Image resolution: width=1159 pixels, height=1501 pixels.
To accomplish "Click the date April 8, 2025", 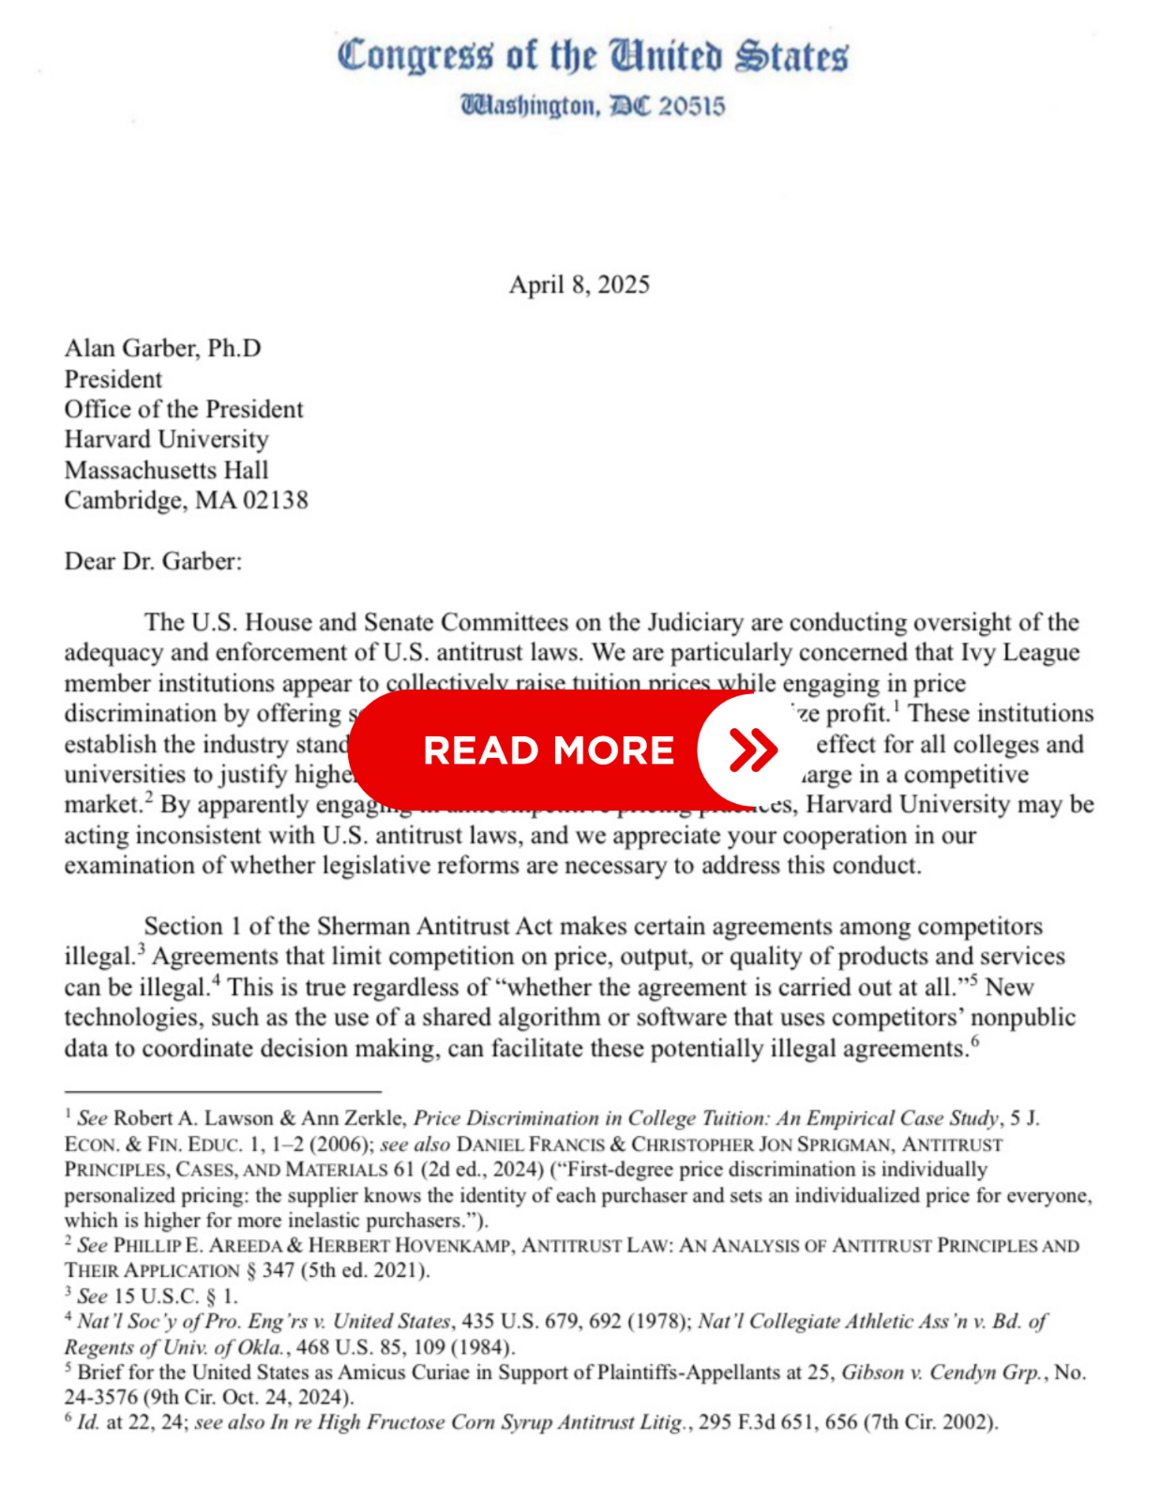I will pos(579,285).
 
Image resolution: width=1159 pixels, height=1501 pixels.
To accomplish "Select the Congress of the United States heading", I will pos(593,56).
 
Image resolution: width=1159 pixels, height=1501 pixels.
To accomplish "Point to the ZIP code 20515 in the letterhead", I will pos(691,106).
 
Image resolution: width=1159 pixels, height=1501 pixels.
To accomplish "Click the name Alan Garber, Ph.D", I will pos(162,348).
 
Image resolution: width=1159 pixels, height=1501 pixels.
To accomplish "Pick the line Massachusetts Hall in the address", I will pos(166,470).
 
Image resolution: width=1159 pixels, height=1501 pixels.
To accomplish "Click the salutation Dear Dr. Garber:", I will pos(153,561).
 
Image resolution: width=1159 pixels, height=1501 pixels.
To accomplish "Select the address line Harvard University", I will pos(166,439).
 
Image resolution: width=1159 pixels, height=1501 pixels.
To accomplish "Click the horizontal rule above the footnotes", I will pos(222,1092).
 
